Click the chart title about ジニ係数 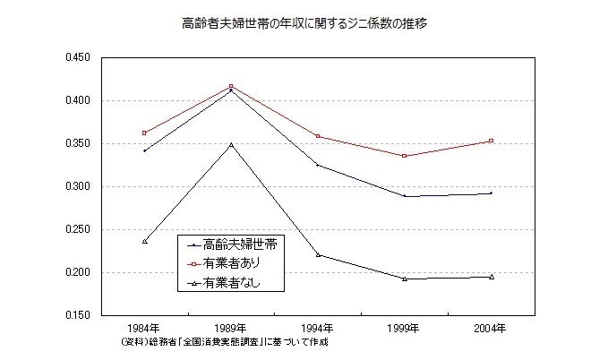point(304,24)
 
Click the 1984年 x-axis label point(144,329)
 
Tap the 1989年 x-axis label point(231,329)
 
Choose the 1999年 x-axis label point(404,329)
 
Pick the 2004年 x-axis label point(491,329)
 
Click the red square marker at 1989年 point(231,86)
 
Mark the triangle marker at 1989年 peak point(231,143)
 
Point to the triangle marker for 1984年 point(144,241)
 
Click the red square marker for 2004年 point(491,141)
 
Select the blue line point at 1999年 point(404,195)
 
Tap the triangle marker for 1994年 point(318,254)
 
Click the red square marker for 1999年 point(404,156)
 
